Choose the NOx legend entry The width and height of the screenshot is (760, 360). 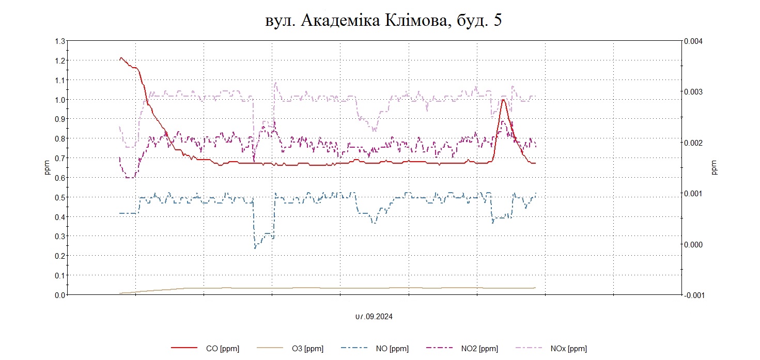point(568,349)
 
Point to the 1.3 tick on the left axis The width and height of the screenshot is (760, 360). point(60,41)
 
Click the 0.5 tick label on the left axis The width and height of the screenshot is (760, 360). point(60,197)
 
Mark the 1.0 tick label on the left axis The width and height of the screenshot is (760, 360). point(60,100)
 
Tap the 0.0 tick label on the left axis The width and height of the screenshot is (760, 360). point(60,295)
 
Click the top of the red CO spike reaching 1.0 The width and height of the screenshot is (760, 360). point(503,100)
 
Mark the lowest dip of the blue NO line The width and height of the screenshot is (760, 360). point(255,248)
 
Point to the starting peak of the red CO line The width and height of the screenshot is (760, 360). point(121,58)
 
